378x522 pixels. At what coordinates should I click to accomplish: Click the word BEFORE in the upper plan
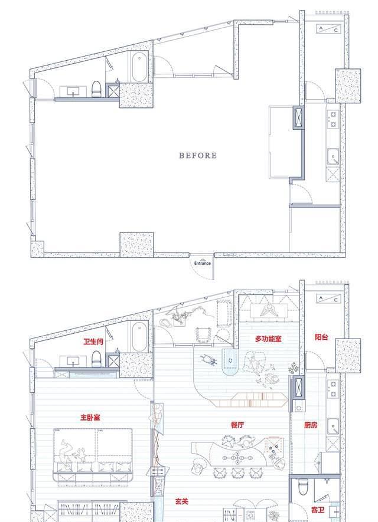(x=198, y=156)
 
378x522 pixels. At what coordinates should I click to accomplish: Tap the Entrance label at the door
(x=203, y=263)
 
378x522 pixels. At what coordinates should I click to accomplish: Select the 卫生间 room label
(x=93, y=342)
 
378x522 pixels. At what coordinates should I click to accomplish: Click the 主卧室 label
(x=90, y=417)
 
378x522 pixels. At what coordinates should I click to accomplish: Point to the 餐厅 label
(x=237, y=425)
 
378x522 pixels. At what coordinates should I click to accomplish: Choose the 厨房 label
(x=311, y=425)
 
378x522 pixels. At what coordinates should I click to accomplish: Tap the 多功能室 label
(x=268, y=339)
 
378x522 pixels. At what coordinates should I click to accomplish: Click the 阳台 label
(x=321, y=337)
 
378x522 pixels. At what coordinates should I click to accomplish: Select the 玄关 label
(x=182, y=501)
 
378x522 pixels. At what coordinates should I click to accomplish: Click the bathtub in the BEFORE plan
(x=139, y=67)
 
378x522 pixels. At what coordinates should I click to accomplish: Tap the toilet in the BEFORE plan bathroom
(x=96, y=89)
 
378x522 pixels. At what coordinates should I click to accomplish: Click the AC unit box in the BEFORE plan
(x=328, y=29)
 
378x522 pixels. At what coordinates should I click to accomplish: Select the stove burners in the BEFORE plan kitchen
(x=333, y=119)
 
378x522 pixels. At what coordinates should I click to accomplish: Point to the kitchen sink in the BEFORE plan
(x=333, y=156)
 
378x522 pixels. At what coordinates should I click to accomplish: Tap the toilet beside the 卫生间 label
(x=96, y=359)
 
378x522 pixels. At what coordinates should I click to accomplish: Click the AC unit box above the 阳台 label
(x=328, y=298)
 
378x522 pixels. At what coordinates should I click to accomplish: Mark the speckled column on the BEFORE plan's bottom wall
(x=136, y=245)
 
